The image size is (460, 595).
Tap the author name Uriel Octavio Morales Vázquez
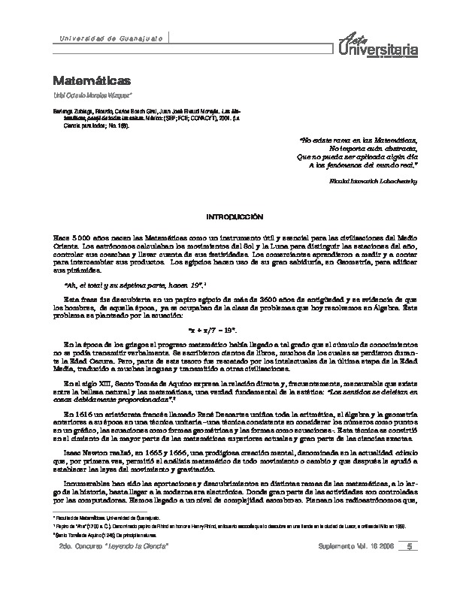point(93,95)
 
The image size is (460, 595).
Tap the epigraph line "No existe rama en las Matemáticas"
point(359,140)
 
